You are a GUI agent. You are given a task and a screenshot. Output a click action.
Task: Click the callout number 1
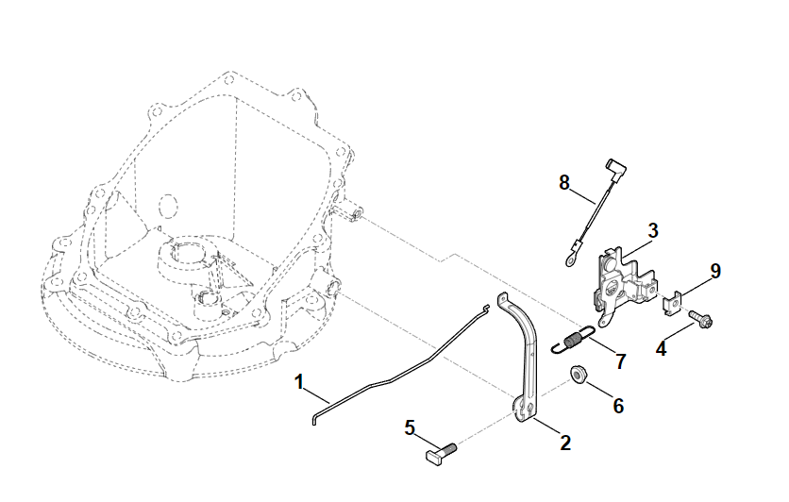pyautogui.click(x=299, y=382)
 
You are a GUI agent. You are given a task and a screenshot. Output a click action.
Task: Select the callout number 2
pyautogui.click(x=565, y=442)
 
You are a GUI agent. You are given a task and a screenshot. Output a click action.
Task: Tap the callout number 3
pyautogui.click(x=653, y=229)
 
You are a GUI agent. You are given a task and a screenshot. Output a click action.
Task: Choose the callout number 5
pyautogui.click(x=410, y=427)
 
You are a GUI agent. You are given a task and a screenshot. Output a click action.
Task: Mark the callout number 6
pyautogui.click(x=618, y=406)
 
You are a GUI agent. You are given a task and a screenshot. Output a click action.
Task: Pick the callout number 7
pyautogui.click(x=620, y=360)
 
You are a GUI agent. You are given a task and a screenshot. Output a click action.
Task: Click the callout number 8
pyautogui.click(x=564, y=182)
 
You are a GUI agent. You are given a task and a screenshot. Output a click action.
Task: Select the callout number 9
pyautogui.click(x=715, y=271)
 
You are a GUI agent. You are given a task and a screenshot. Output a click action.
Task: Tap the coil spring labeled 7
pyautogui.click(x=573, y=340)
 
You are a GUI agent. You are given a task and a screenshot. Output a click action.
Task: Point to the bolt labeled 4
pyautogui.click(x=699, y=319)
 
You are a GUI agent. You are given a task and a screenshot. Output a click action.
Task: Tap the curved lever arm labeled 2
pyautogui.click(x=525, y=359)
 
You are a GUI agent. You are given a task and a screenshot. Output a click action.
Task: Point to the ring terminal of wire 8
pyautogui.click(x=570, y=252)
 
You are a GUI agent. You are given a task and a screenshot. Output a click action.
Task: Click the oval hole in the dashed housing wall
pyautogui.click(x=168, y=207)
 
